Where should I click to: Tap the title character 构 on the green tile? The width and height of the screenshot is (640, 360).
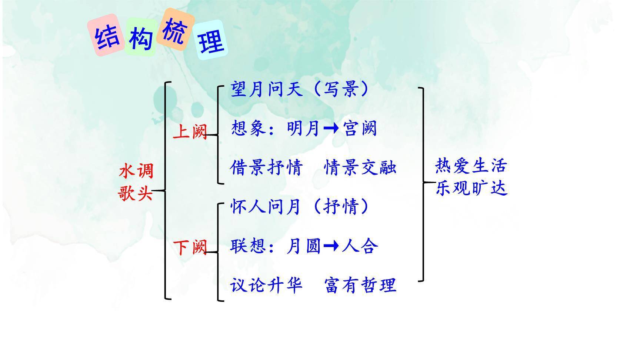[x=141, y=38]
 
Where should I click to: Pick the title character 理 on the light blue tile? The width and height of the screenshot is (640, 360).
[x=211, y=41]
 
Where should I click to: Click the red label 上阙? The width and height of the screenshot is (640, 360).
[x=190, y=131]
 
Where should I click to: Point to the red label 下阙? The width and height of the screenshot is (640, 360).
[x=190, y=247]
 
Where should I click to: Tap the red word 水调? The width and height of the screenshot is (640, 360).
[x=136, y=171]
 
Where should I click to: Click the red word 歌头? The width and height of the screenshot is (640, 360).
[x=136, y=193]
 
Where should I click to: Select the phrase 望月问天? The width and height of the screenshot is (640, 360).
[x=267, y=89]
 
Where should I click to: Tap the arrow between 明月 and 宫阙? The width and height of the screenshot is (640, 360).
[x=331, y=128]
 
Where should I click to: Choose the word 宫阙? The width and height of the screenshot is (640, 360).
[x=360, y=129]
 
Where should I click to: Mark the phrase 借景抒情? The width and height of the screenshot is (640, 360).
[x=266, y=167]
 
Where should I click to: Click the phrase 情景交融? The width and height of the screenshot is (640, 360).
[x=360, y=167]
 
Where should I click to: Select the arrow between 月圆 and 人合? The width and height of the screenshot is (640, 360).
[x=331, y=245]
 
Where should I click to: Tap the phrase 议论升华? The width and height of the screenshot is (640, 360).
[x=266, y=285]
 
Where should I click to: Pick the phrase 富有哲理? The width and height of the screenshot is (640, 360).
[x=360, y=285]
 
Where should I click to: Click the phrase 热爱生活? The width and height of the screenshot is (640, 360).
[x=471, y=166]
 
